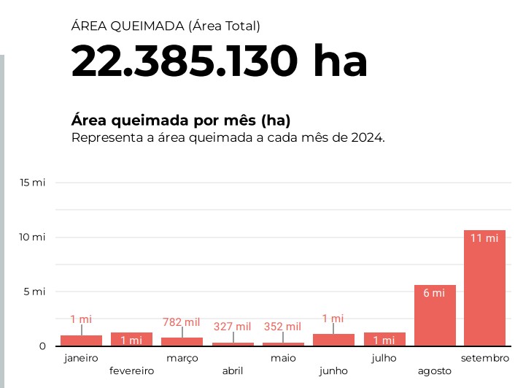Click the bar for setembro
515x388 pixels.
coord(484,288)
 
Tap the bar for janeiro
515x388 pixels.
coord(81,341)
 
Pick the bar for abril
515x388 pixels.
coord(233,344)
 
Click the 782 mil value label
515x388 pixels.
coord(182,322)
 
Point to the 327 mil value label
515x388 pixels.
coord(233,327)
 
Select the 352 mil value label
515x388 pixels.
coord(282,327)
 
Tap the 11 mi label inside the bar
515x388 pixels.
coord(484,238)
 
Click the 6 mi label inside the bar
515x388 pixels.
coord(434,293)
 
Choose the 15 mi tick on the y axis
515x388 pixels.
coord(34,182)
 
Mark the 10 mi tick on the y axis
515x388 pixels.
coord(34,237)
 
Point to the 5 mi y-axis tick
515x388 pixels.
coord(36,292)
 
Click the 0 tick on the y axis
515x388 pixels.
coord(42,346)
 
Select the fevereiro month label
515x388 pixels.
coord(131,370)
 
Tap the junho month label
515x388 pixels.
coord(333,370)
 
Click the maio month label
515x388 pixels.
coord(283,358)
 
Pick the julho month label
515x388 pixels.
coord(384,358)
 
